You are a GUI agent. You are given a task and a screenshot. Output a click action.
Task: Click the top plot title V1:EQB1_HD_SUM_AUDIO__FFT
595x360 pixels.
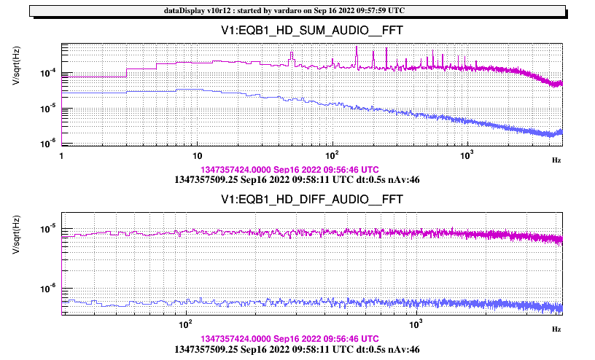313,31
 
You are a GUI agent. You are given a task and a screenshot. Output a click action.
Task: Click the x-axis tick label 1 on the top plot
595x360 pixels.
62,157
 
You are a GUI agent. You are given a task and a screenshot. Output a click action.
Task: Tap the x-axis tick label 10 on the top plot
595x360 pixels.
196,157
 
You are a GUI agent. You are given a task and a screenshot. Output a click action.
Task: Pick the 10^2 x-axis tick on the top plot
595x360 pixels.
332,156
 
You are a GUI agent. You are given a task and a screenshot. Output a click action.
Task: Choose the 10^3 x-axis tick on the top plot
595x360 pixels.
467,156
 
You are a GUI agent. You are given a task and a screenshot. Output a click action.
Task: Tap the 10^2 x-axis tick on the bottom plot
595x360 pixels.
185,324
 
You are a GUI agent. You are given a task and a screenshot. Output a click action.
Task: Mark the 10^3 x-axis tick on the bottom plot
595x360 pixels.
416,324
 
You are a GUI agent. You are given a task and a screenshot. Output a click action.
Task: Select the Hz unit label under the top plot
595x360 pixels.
556,159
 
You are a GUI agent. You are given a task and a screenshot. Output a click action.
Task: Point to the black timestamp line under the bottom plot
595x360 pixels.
297,349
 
